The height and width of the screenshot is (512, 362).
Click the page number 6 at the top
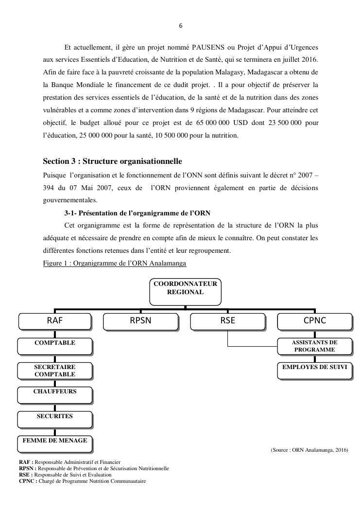(181, 26)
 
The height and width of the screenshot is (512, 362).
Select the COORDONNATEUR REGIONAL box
(185, 292)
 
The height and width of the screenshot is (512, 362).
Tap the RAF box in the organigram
(54, 321)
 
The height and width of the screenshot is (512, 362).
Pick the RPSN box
(141, 321)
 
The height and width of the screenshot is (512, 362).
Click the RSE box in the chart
(227, 321)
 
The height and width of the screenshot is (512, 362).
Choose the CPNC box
(314, 321)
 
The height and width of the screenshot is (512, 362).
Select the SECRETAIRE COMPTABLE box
(54, 371)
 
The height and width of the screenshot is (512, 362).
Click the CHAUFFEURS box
(54, 394)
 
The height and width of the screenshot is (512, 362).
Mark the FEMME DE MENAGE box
(54, 443)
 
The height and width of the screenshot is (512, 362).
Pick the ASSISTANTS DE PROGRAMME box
(314, 346)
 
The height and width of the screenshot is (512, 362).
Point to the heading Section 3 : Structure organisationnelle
(112, 161)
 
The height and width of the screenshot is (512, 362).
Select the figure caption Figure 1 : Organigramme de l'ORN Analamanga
(114, 263)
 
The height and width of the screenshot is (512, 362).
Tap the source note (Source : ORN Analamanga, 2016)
(309, 450)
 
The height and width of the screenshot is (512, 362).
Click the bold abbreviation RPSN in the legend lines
(26, 468)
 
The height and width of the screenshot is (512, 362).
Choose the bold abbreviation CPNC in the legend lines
(26, 481)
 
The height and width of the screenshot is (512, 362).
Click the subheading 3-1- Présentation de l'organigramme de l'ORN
(138, 213)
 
